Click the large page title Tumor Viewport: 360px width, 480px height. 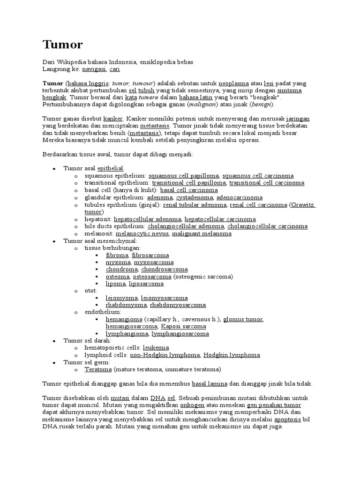pos(62,45)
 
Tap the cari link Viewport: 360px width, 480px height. pos(115,69)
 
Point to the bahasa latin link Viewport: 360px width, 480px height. pos(196,97)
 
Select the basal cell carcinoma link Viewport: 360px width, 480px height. pos(189,190)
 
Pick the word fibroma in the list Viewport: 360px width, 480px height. pos(117,255)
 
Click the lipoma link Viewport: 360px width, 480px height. pos(116,284)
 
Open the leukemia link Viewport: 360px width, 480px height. pos(156,348)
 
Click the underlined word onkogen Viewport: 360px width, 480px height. pos(192,405)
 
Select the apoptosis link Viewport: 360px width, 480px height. pos(288,419)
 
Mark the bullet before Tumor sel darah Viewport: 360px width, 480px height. pos(54,341)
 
